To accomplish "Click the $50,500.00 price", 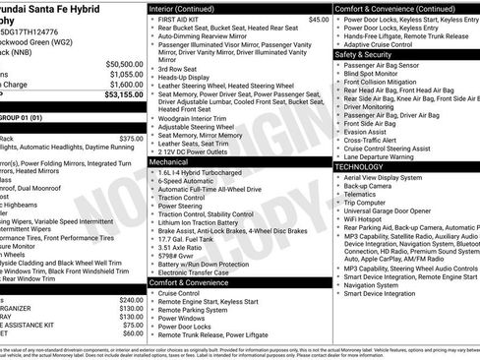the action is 123,64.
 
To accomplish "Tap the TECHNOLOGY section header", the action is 359,167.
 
